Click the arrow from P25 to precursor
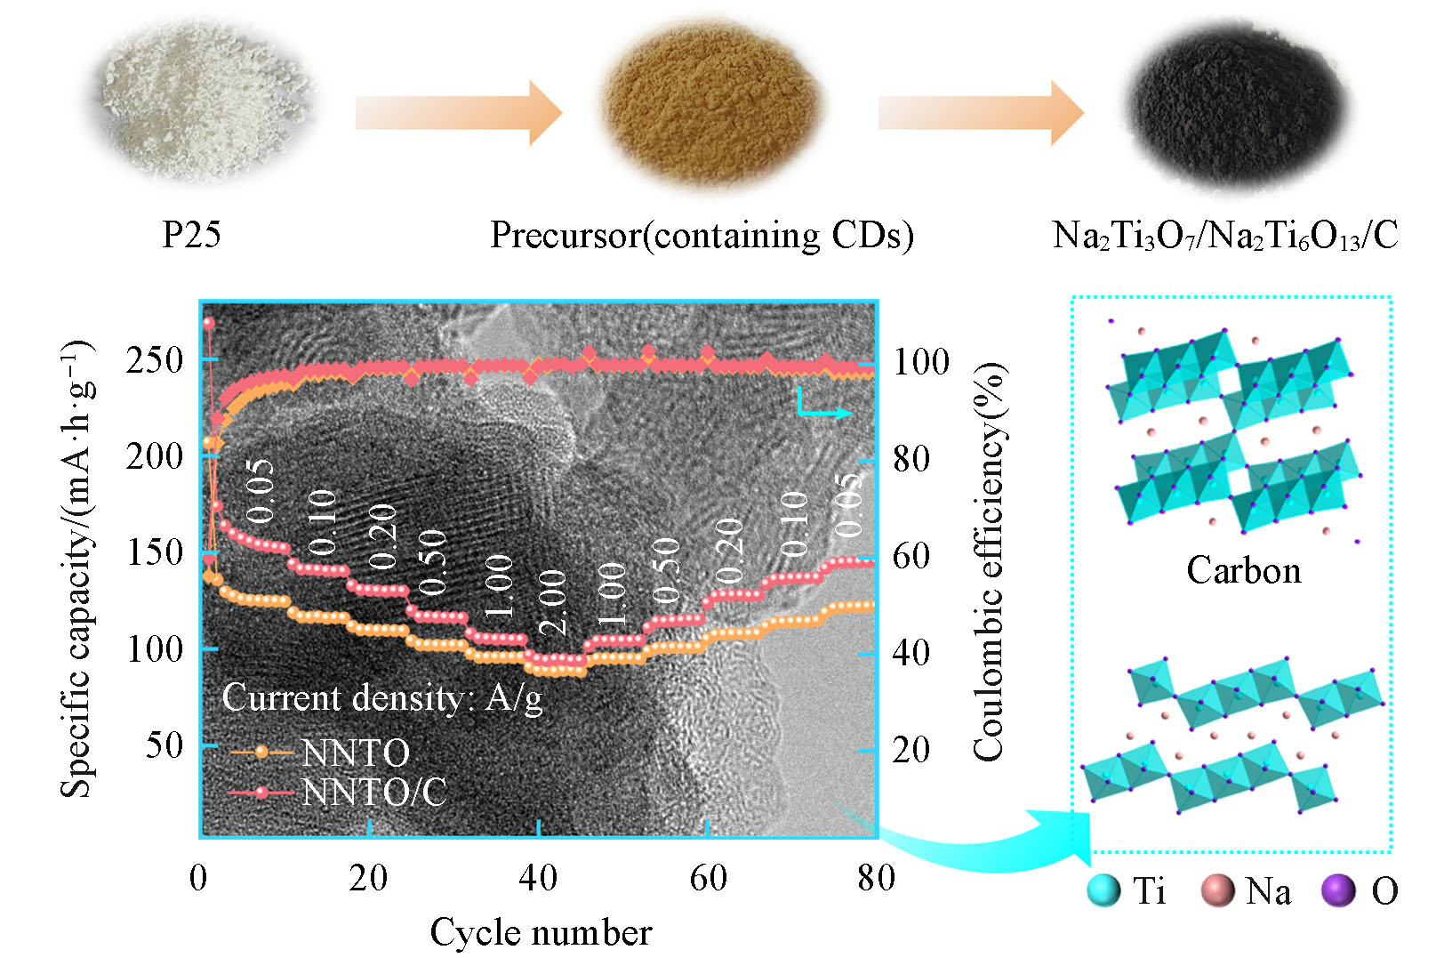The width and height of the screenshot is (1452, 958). coord(458,113)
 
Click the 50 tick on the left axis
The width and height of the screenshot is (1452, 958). coord(164,745)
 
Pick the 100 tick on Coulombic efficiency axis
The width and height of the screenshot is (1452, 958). coord(921,362)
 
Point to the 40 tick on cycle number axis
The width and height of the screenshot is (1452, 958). coord(537,878)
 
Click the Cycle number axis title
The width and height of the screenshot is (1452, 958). coord(541,932)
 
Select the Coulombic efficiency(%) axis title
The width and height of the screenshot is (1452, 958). coord(989,562)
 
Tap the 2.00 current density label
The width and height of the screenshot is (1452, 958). coord(553,602)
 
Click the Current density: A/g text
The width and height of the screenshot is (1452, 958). coord(381,698)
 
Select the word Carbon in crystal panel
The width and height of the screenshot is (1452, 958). coord(1243,570)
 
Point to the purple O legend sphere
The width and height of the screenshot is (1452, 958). coord(1338,890)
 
